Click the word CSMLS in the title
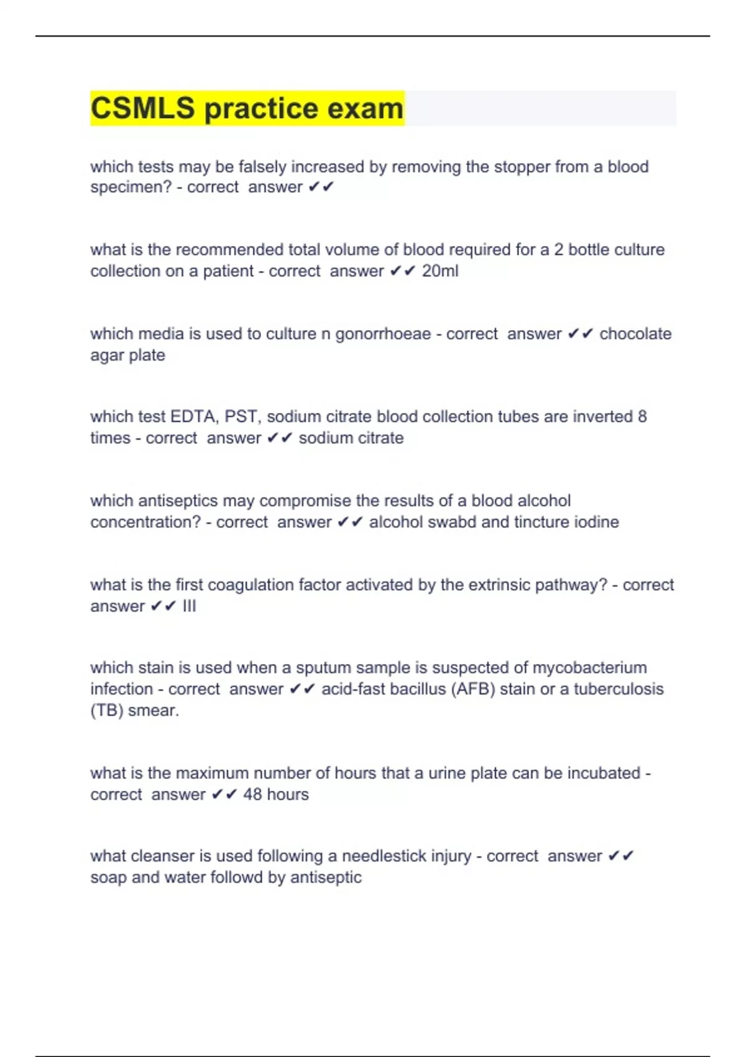[x=142, y=108]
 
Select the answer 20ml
[x=440, y=271]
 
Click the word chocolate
[x=635, y=334]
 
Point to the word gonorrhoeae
[x=383, y=335]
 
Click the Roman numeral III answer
[x=189, y=606]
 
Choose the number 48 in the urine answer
[x=252, y=795]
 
